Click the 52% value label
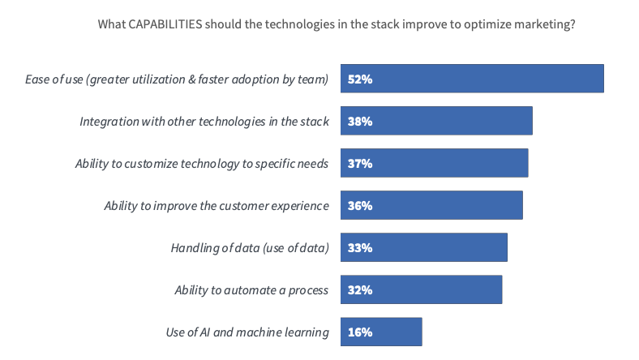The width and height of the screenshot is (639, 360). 360,79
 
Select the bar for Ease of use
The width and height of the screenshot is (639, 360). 472,79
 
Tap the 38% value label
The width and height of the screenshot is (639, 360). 360,121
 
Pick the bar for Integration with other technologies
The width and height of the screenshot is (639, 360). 436,121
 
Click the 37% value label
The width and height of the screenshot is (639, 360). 360,164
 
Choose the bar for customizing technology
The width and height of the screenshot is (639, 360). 435,163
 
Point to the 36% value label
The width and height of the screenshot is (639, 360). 360,205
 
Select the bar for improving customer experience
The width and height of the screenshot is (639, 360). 431,205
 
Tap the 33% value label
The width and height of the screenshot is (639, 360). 360,248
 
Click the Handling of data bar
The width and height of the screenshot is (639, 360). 424,247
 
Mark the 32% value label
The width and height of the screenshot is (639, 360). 360,290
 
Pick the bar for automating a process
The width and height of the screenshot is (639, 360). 422,289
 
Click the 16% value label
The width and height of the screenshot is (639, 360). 360,332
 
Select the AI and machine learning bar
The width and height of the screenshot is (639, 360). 381,332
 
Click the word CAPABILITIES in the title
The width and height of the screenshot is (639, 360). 165,24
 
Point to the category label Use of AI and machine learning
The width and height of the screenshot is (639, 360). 247,332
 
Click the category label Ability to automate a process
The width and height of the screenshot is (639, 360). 251,290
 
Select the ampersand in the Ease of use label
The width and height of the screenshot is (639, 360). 192,79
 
